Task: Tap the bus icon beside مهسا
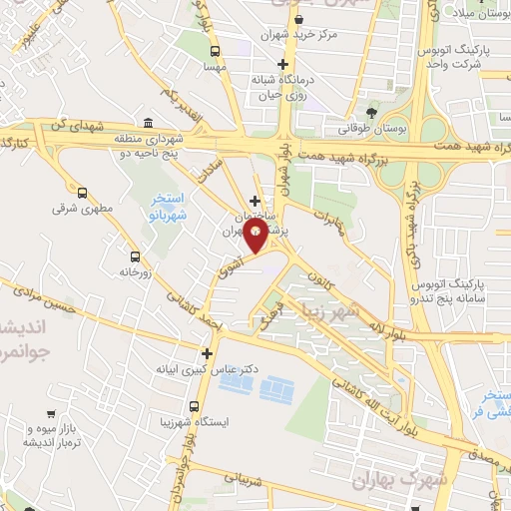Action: coord(215,51)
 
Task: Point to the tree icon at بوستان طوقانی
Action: coord(372,111)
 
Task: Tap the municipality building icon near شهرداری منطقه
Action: coord(149,122)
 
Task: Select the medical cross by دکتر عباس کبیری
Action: coord(207,352)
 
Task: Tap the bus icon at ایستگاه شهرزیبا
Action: coord(193,406)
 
